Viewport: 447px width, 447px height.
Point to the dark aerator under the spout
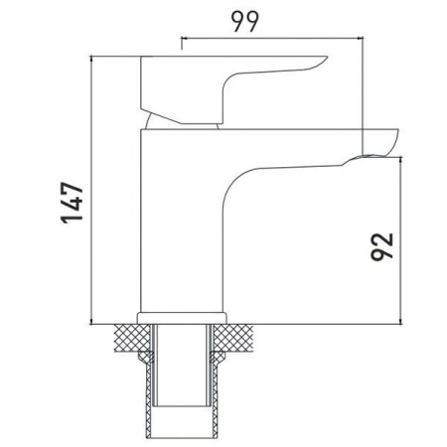368,155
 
